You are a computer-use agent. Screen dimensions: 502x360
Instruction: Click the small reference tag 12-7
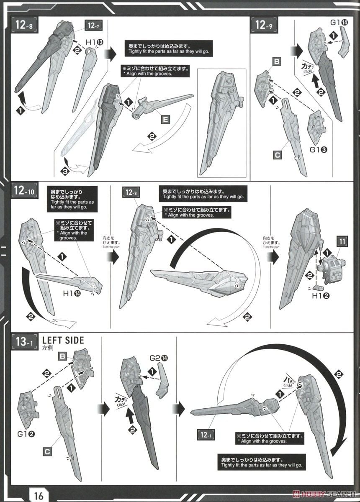pos(93,26)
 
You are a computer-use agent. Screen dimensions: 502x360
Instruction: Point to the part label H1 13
pos(94,42)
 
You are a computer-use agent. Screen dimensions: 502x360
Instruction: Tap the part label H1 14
pos(72,293)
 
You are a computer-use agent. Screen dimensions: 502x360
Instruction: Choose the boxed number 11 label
pos(342,241)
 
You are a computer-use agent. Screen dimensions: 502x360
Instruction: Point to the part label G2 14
pos(158,359)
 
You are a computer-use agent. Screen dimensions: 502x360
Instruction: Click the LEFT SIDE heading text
pos(63,340)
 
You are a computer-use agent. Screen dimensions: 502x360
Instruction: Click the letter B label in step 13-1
pos(62,356)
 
